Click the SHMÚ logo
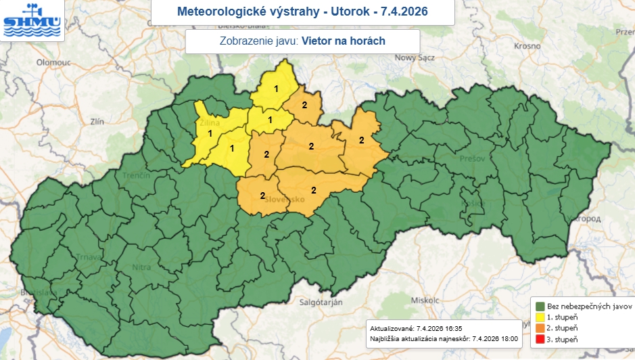[x=31, y=20]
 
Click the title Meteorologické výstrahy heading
[x=302, y=12]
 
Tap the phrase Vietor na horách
[x=343, y=41]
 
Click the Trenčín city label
[x=136, y=176]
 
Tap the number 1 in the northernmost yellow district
[x=276, y=89]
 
